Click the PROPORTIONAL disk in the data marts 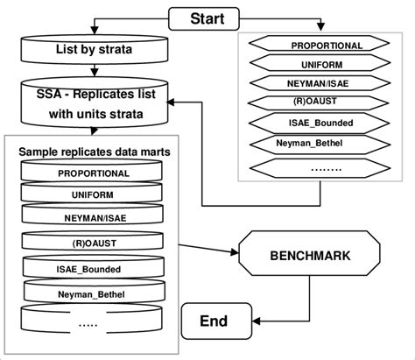click(x=94, y=173)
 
